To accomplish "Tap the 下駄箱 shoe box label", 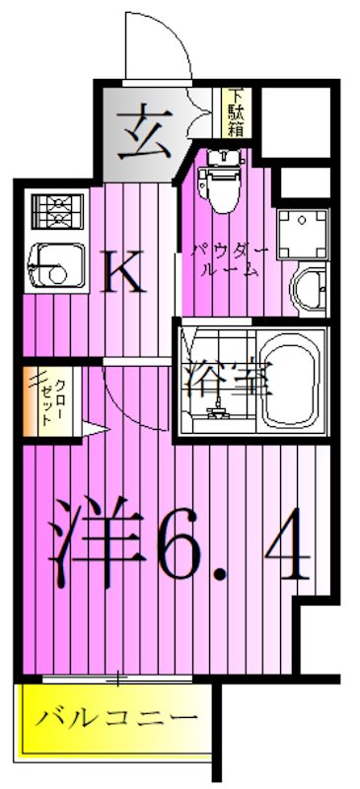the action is (x=237, y=110).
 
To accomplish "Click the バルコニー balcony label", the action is (x=110, y=717).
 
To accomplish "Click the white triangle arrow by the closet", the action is (x=92, y=428).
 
